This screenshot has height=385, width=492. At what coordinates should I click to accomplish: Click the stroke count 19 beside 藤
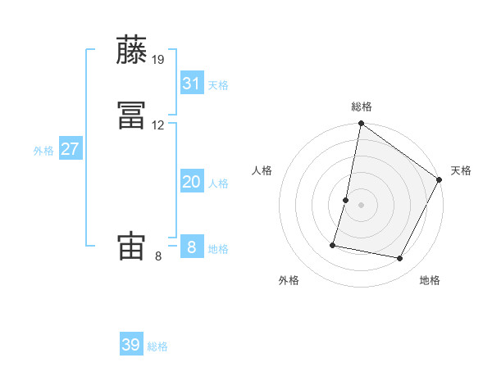[x=158, y=59]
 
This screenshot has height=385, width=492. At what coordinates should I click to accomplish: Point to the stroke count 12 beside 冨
[x=158, y=125]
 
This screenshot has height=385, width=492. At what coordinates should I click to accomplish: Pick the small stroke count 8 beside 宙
[x=158, y=256]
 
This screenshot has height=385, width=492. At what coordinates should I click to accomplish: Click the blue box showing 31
[x=191, y=84]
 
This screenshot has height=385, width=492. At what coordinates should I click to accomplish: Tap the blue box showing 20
[x=191, y=182]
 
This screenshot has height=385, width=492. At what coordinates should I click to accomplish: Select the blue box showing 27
[x=71, y=149]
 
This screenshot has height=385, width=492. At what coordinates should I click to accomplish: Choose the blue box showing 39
[x=131, y=345]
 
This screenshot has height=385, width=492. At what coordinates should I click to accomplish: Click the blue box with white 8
[x=191, y=247]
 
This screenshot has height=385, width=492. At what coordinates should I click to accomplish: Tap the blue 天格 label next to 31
[x=218, y=85]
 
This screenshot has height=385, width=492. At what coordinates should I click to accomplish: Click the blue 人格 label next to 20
[x=218, y=183]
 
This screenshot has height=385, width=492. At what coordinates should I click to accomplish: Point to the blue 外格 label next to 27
[x=43, y=151]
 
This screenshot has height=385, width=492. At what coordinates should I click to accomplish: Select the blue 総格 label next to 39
[x=157, y=346]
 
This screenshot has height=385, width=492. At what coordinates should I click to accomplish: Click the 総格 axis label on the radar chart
[x=362, y=106]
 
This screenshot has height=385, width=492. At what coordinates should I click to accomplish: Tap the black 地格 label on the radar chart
[x=430, y=280]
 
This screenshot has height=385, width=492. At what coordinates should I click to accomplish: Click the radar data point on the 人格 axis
[x=346, y=200]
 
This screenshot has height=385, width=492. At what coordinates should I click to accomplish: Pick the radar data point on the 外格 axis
[x=334, y=244]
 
